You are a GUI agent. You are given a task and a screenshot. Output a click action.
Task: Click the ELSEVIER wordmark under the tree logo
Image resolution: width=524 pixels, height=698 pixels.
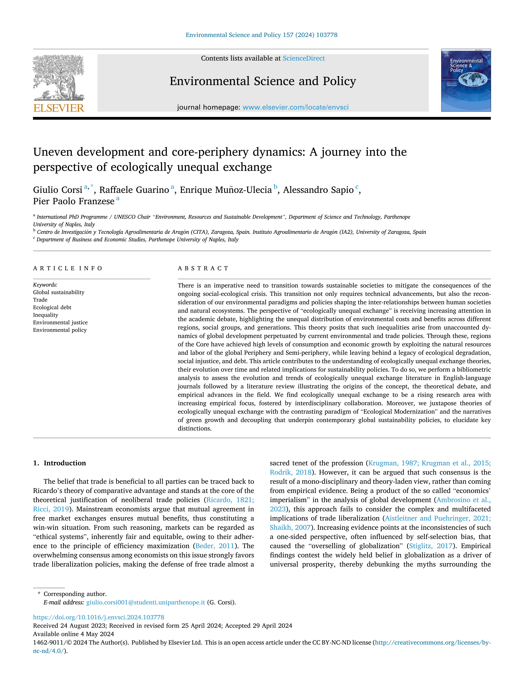pos(59,108)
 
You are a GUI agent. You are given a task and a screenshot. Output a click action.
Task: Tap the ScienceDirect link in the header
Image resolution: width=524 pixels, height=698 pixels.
pos(304,58)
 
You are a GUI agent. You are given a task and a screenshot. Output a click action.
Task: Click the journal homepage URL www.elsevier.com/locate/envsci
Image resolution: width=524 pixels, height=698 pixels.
pos(295,107)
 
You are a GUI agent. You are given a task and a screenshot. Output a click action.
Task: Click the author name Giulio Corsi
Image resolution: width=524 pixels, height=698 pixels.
pos(57,190)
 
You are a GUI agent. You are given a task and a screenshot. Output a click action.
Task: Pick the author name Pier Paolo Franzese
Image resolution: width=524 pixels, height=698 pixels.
pos(74,201)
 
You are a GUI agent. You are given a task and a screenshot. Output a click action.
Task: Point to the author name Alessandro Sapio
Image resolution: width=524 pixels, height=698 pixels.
pos(318,190)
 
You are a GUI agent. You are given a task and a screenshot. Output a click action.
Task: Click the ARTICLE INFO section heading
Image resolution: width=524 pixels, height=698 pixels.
pos(68,268)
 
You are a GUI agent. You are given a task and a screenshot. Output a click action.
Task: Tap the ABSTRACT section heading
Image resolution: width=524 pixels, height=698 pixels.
pos(203,268)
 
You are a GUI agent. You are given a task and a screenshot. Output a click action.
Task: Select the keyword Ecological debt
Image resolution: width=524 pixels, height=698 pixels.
pos(52,307)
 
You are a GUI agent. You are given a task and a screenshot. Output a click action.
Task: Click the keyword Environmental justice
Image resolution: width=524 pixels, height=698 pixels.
pos(60,323)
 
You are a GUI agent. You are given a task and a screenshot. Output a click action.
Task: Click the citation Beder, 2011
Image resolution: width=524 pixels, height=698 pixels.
pos(215,546)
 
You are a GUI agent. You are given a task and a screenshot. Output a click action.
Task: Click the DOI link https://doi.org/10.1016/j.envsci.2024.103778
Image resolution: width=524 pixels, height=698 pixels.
pos(98,617)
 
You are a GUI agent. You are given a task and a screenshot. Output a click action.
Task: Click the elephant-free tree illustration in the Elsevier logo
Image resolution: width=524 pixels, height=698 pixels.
pos(59,77)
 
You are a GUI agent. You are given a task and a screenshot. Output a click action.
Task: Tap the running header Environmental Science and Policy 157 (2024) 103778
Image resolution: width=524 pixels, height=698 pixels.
pos(262,35)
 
